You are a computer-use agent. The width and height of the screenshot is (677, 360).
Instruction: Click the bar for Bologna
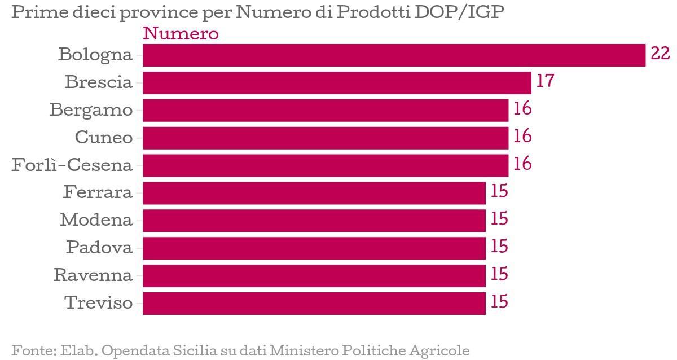[x=394, y=55]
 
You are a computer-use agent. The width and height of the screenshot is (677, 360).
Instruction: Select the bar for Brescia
[x=337, y=83]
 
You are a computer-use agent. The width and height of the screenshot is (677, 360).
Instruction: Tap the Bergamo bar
[x=326, y=111]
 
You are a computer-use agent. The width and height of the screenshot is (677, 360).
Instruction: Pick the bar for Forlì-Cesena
[x=326, y=165]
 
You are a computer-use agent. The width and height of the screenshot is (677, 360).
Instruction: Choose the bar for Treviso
[x=314, y=303]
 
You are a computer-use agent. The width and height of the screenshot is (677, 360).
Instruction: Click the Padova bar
[x=314, y=248]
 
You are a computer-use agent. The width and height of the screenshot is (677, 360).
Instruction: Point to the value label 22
[x=660, y=54]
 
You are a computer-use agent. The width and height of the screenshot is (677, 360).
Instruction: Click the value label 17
[x=545, y=81]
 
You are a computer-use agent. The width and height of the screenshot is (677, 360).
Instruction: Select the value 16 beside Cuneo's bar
[x=522, y=137]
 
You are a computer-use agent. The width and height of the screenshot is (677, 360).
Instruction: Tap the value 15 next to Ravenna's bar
[x=499, y=274]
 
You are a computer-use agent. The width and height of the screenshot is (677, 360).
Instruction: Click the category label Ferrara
[x=98, y=192]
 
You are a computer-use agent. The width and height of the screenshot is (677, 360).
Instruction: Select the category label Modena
[x=96, y=220]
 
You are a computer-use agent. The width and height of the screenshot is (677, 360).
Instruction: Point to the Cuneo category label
[x=104, y=137]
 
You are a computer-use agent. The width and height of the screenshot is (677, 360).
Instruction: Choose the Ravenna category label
[x=93, y=275]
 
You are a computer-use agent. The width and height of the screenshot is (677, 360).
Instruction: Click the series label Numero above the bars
[x=181, y=34]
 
